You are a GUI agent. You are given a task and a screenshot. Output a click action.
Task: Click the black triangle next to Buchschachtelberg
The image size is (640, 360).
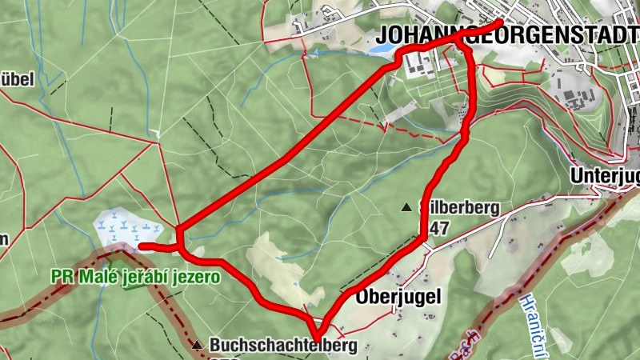tap(198, 346)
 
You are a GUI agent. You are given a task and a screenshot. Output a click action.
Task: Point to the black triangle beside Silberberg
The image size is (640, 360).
tap(406, 208)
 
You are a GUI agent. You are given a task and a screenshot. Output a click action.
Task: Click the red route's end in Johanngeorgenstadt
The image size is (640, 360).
tap(501, 22)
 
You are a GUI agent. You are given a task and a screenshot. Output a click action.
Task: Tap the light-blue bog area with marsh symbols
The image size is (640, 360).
tap(120, 228)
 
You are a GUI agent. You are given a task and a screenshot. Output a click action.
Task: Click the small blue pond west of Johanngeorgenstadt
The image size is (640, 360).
tap(381, 49)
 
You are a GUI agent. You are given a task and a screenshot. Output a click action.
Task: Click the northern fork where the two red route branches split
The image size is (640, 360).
tap(462, 45)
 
